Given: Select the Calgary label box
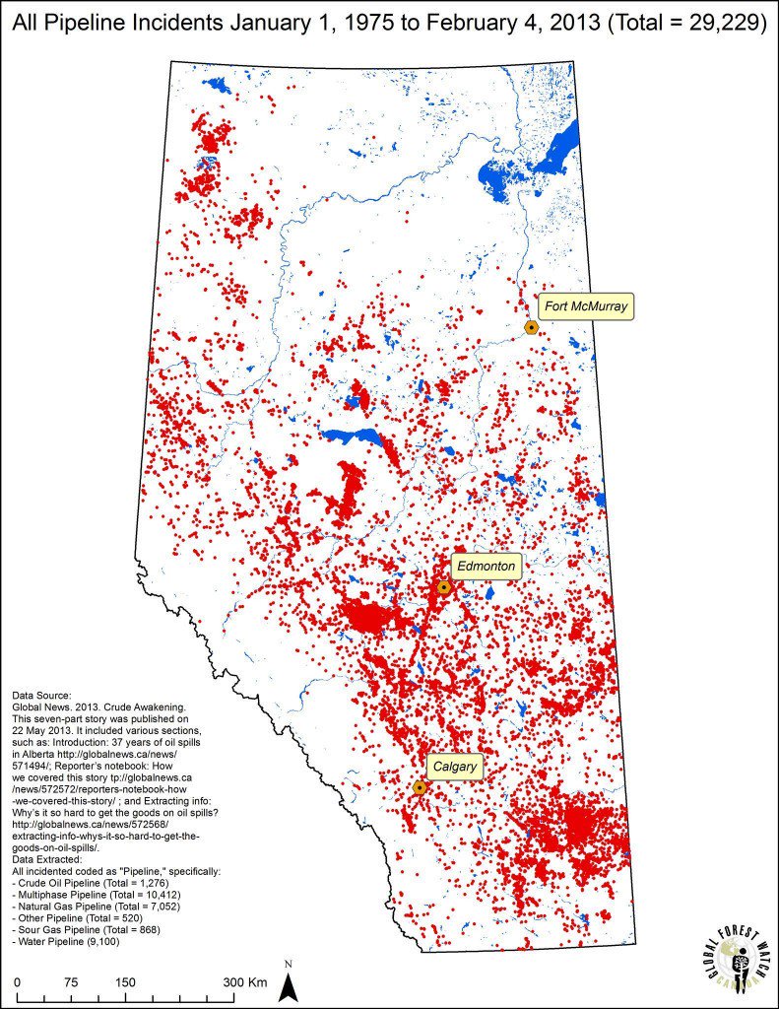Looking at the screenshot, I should click(454, 767).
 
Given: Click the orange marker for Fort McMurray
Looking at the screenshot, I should click(531, 327).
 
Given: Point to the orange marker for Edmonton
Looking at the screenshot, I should click(443, 587).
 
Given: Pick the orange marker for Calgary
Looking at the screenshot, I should click(420, 787).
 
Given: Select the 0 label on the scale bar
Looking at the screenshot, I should click(18, 982).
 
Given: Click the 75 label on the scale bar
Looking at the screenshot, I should click(72, 982).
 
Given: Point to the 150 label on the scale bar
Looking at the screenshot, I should click(126, 982).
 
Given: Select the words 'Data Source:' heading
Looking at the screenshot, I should click(41, 695).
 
